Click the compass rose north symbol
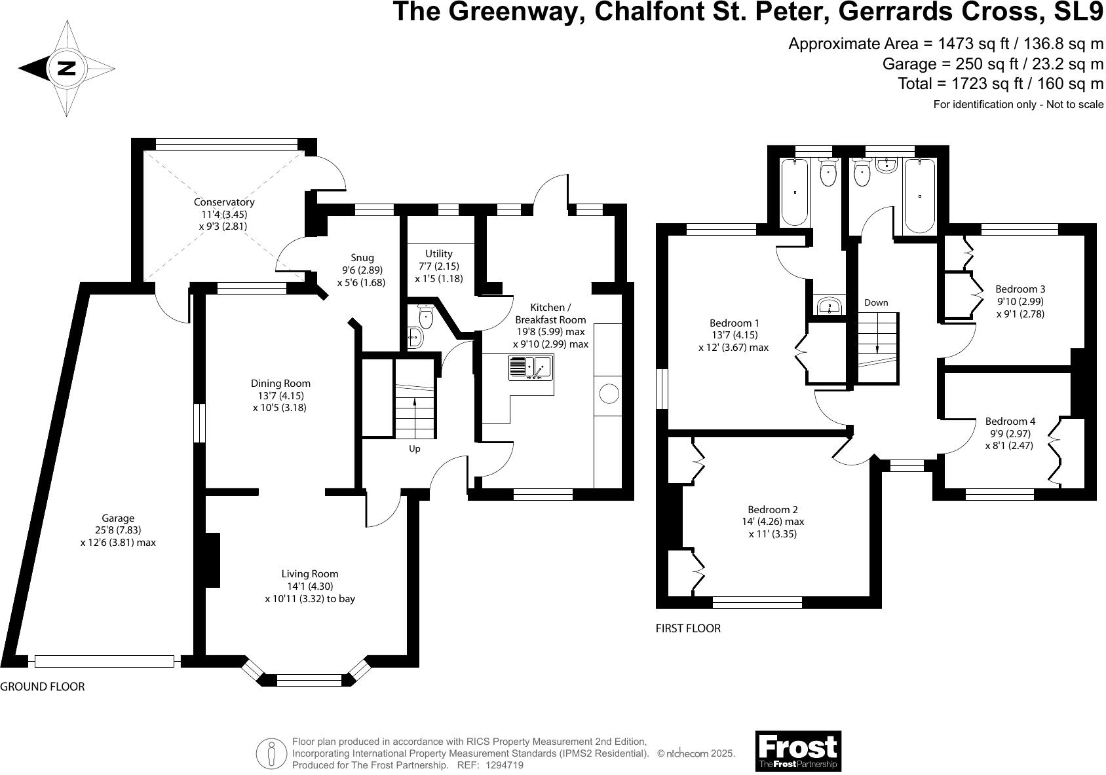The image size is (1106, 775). (x=66, y=69)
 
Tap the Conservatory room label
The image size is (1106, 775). (x=223, y=202)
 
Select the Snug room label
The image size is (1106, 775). (x=362, y=258)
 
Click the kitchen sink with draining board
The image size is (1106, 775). (x=531, y=367)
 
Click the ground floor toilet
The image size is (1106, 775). (x=426, y=318)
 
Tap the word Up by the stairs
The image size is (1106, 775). (x=414, y=449)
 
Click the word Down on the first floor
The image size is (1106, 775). (x=876, y=302)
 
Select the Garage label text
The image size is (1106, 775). (x=118, y=518)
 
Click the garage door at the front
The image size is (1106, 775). (x=104, y=662)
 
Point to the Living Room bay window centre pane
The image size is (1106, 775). (x=309, y=680)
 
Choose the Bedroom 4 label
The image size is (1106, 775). (x=1009, y=422)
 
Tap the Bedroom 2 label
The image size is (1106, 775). (x=772, y=510)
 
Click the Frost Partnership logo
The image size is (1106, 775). (x=797, y=750)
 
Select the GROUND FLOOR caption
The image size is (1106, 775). (x=43, y=687)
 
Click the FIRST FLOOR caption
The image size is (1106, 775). (x=688, y=628)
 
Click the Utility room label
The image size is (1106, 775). (x=438, y=254)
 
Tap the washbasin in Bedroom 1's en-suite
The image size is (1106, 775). (x=831, y=306)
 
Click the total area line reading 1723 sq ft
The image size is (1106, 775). (x=1000, y=84)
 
